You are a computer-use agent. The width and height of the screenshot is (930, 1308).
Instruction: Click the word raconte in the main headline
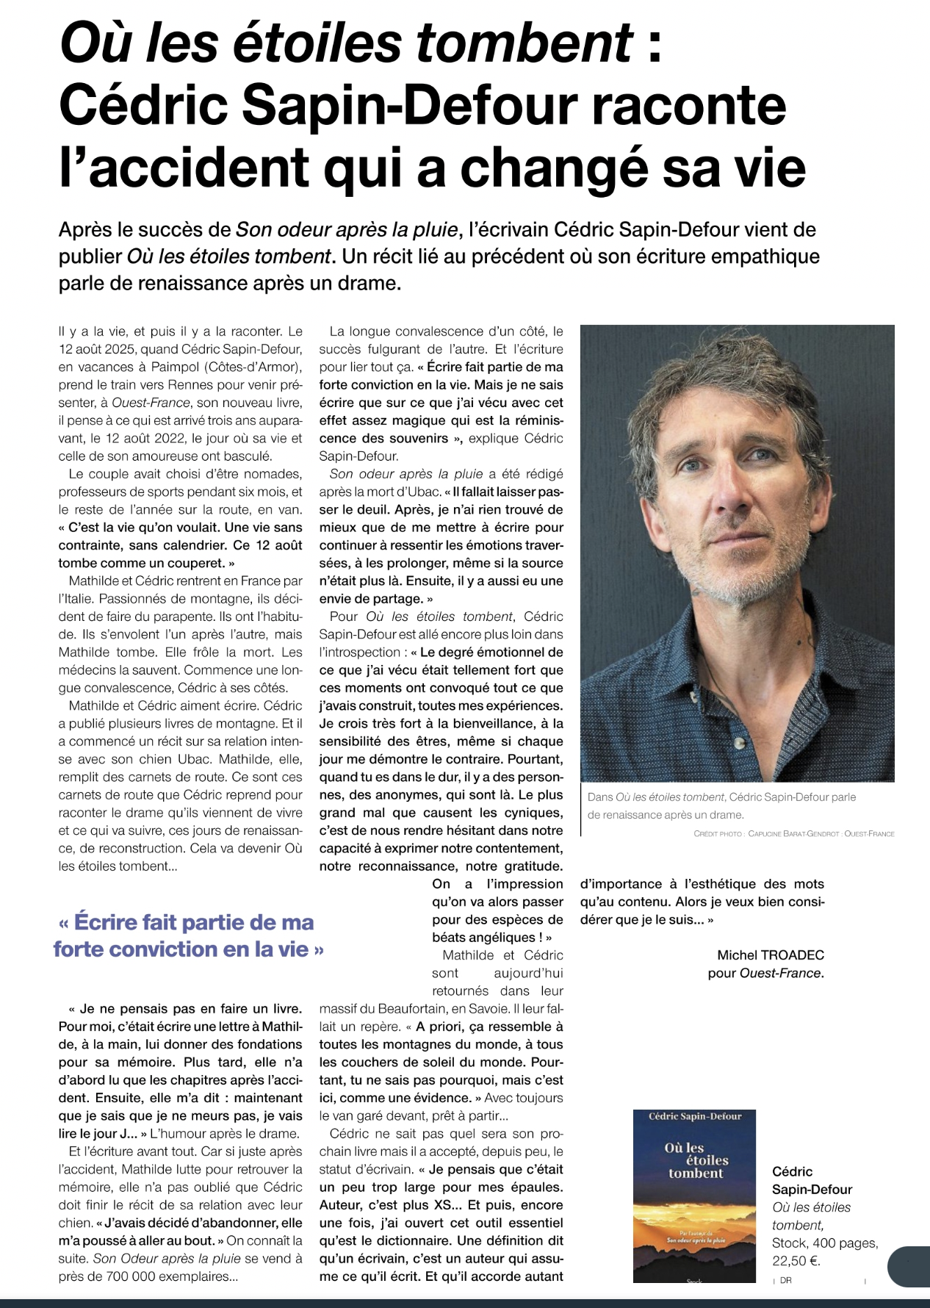(x=688, y=105)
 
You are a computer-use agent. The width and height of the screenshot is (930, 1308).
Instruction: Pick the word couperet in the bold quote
(x=190, y=563)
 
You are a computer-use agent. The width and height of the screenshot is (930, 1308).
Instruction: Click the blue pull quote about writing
(x=189, y=935)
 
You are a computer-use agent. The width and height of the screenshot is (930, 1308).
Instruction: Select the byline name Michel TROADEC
(x=770, y=955)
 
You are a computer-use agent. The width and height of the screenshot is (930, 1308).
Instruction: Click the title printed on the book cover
(x=694, y=1160)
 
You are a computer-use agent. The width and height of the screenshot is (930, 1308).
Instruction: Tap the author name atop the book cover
(x=694, y=1116)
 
